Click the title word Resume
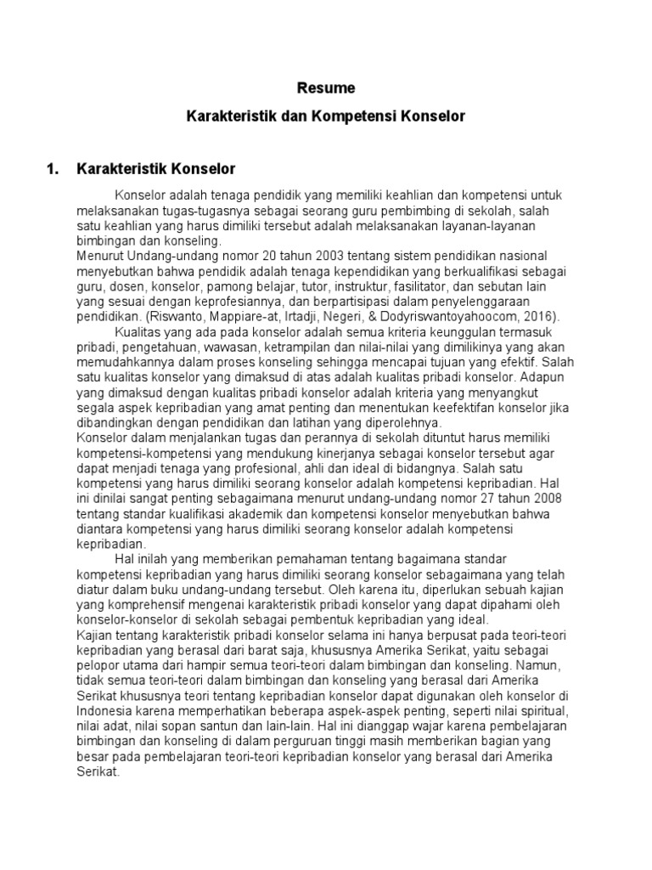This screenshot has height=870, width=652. tap(326, 88)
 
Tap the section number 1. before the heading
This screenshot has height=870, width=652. tap(53, 168)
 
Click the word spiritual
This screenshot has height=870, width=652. tap(544, 710)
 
